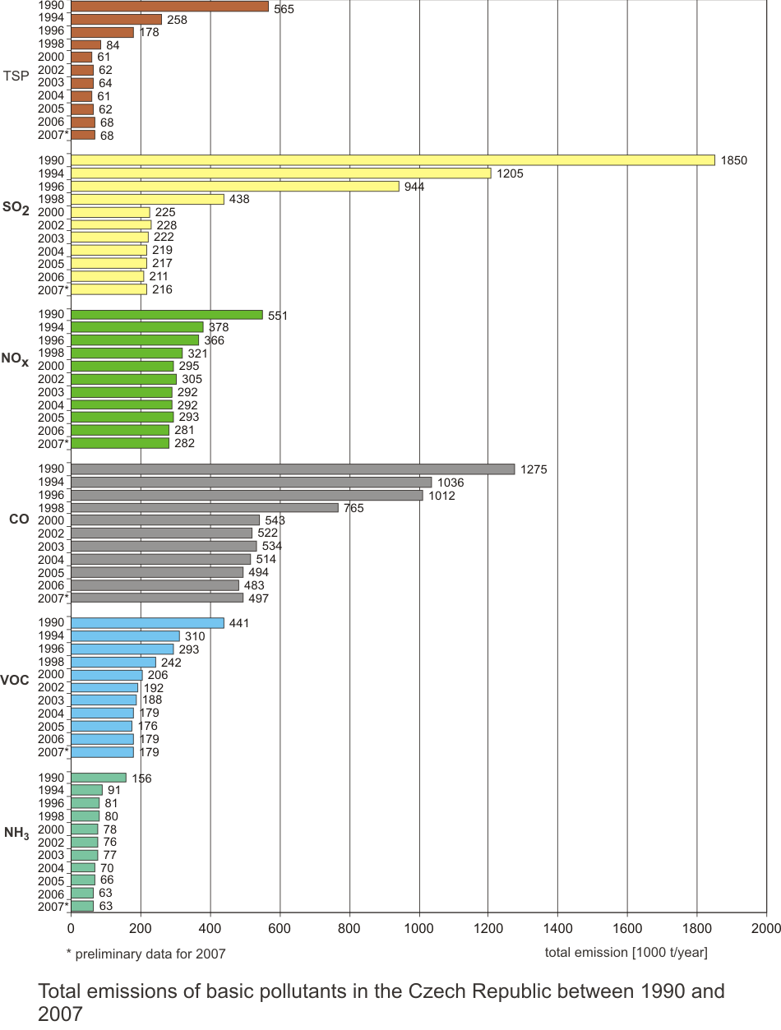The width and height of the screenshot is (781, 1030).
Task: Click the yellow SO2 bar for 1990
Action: tap(393, 160)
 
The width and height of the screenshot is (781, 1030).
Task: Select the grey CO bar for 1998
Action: tap(205, 508)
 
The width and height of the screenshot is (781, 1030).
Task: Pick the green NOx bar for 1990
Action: tap(167, 315)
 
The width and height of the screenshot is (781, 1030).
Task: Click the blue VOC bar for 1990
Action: tap(147, 623)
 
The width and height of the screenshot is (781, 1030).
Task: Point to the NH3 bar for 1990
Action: tap(99, 778)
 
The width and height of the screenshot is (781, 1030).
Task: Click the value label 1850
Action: tap(733, 160)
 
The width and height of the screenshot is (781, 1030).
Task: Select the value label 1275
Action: tap(534, 469)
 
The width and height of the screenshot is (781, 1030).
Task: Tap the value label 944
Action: tap(414, 187)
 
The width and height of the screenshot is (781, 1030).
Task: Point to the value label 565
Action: tap(284, 9)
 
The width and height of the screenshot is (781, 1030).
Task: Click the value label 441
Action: tap(238, 623)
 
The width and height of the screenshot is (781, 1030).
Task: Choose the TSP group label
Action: tap(16, 76)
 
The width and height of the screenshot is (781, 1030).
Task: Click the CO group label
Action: tap(20, 520)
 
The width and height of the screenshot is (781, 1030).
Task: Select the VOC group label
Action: tap(16, 681)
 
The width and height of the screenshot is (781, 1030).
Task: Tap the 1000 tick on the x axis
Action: tap(419, 929)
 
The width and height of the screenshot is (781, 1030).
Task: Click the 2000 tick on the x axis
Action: tap(765, 929)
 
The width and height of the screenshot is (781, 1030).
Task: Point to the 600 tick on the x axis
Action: tap(280, 929)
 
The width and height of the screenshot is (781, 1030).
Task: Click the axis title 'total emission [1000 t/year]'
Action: tap(626, 953)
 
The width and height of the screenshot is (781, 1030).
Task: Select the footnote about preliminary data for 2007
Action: tap(146, 954)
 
